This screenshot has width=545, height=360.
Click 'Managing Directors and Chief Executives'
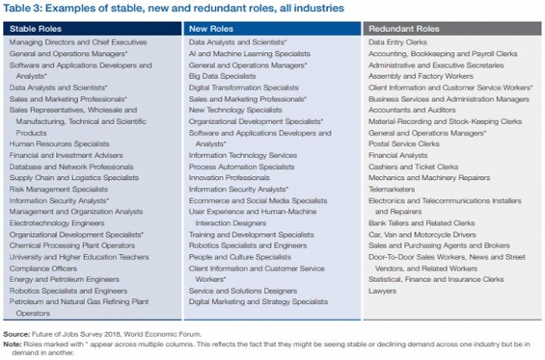click(x=78, y=42)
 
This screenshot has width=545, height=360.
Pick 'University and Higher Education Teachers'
click(x=79, y=256)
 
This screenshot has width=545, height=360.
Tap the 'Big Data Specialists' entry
click(x=222, y=76)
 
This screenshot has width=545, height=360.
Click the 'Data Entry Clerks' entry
click(x=399, y=42)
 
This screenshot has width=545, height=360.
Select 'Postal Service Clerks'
click(x=404, y=143)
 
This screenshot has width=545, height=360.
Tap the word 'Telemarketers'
click(x=392, y=189)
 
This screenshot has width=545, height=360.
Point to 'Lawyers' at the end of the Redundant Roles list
click(x=382, y=291)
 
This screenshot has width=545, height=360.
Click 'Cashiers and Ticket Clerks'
click(x=413, y=166)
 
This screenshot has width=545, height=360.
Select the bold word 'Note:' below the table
click(x=13, y=344)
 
